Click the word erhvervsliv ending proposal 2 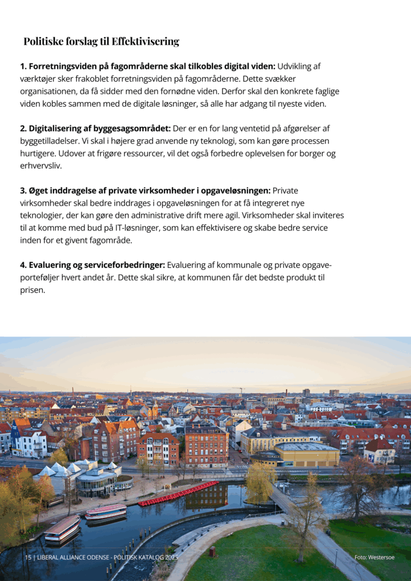pyautogui.click(x=41, y=166)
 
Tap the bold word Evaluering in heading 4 pyautogui.click(x=51, y=266)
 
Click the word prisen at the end pyautogui.click(x=32, y=290)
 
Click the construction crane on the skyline pyautogui.click(x=241, y=391)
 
